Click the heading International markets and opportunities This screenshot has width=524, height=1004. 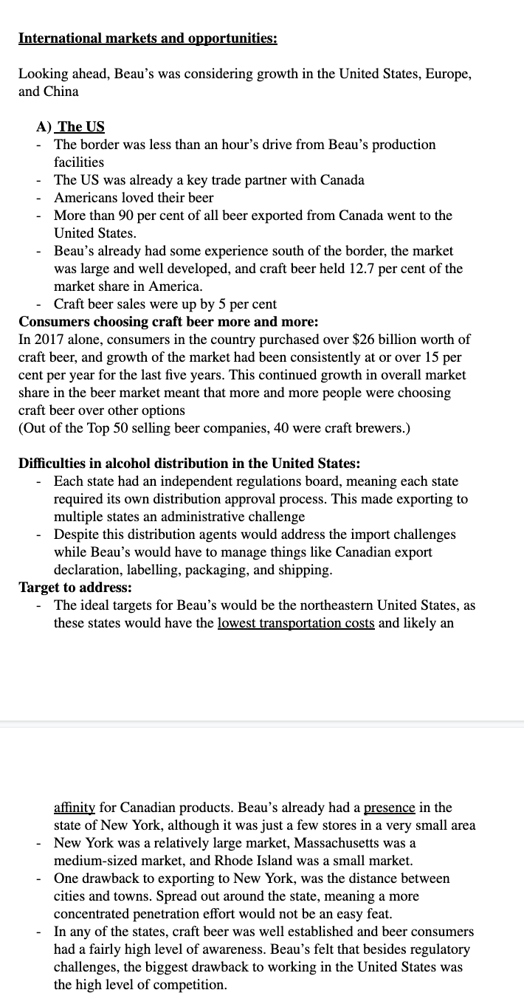pos(148,38)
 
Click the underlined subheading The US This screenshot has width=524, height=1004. pos(80,126)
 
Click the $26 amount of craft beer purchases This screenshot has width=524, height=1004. pos(365,339)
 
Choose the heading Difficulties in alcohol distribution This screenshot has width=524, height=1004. pos(189,464)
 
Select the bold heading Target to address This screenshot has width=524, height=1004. pos(75,587)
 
